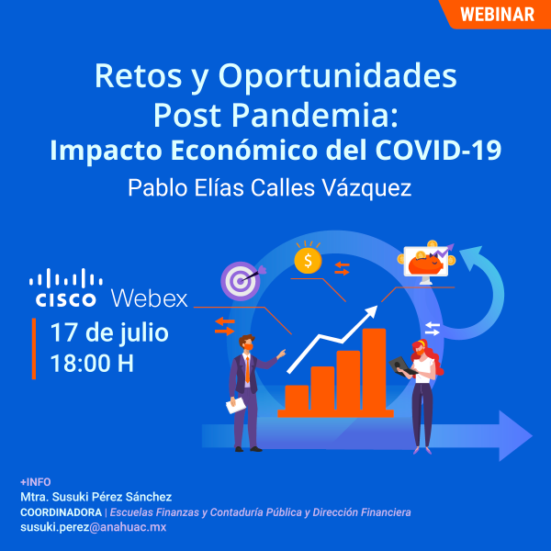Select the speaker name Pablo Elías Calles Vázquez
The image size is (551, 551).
[x=269, y=187]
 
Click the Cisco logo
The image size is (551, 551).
[x=65, y=287]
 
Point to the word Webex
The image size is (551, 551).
[x=149, y=299]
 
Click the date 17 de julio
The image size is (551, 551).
[x=109, y=332]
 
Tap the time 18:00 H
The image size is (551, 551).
[x=92, y=363]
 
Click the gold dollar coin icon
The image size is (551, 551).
[x=308, y=261]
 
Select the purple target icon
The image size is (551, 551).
[x=240, y=279]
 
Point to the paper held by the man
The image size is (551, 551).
[x=236, y=404]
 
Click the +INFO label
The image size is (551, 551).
[x=36, y=482]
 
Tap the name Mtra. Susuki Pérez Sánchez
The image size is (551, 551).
[x=96, y=497]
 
